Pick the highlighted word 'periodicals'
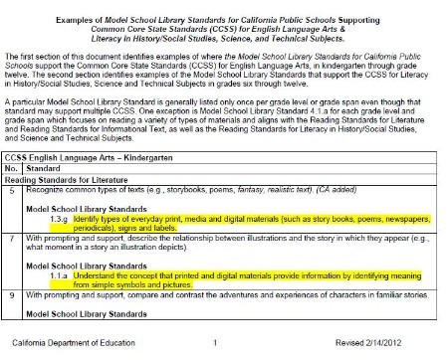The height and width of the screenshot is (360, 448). click(99, 225)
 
